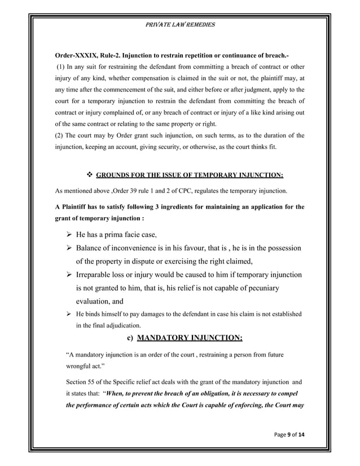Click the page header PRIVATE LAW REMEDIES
click(180, 25)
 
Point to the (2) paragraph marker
click(59, 135)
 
